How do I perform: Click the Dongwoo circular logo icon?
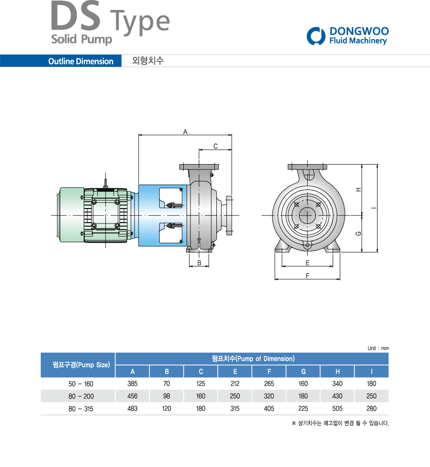pyautogui.click(x=316, y=36)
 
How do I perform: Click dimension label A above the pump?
pyautogui.click(x=185, y=131)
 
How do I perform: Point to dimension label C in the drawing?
pyautogui.click(x=215, y=146)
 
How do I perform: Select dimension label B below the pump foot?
pyautogui.click(x=199, y=263)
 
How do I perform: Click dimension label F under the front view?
pyautogui.click(x=307, y=276)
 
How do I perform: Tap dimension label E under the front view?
pyautogui.click(x=307, y=263)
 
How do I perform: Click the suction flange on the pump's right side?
pyautogui.click(x=229, y=215)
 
